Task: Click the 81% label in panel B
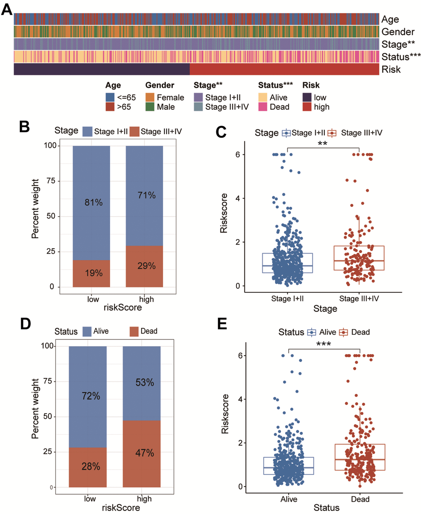click(94, 202)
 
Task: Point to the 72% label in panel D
click(91, 396)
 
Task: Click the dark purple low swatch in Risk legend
click(307, 97)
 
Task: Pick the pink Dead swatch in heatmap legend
click(263, 107)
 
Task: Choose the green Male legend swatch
click(150, 107)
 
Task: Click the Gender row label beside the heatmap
click(397, 32)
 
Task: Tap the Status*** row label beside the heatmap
click(401, 57)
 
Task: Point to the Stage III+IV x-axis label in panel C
click(359, 298)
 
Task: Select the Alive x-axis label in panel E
click(289, 499)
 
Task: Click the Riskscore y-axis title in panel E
click(225, 414)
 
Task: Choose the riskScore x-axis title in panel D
click(121, 508)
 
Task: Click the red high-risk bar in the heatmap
click(284, 69)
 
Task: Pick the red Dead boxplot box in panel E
click(360, 457)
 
